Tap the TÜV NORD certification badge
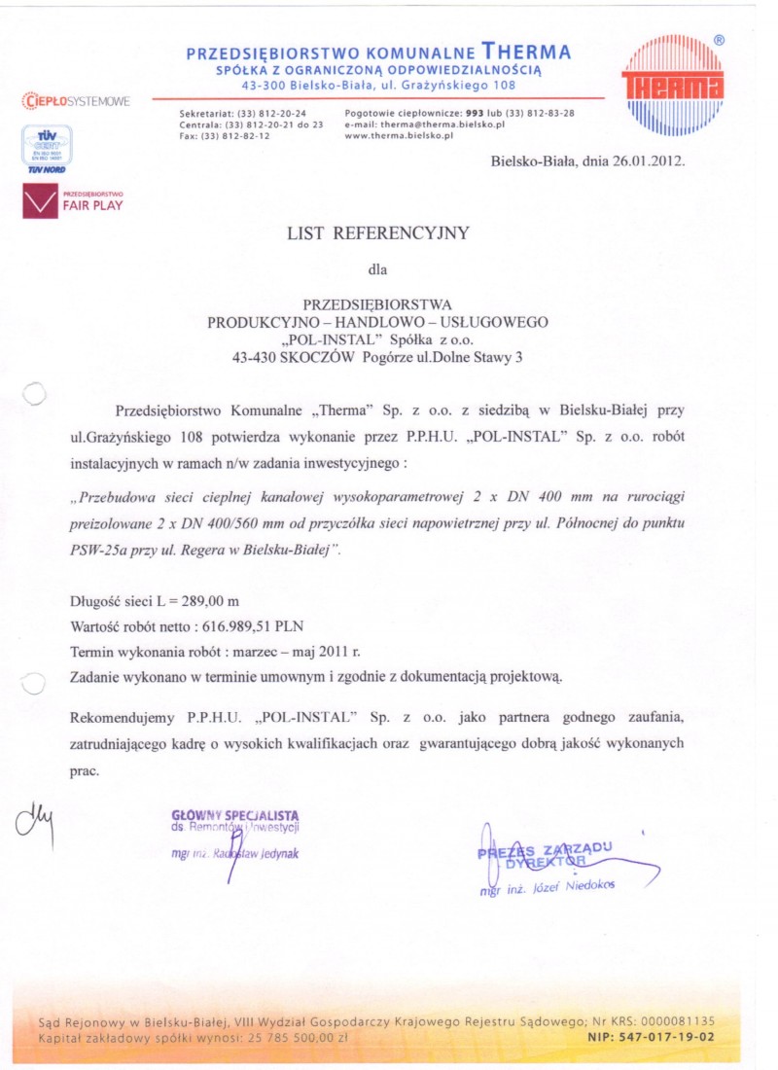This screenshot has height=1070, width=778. (44, 151)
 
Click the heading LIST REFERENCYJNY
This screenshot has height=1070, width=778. (378, 232)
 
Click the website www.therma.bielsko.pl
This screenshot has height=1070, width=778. (400, 136)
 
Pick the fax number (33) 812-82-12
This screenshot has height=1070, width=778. (235, 136)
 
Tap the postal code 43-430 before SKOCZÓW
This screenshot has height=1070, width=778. (257, 358)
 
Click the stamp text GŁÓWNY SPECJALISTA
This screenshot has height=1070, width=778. (234, 814)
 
